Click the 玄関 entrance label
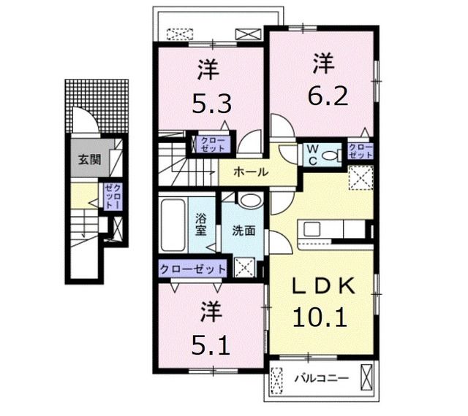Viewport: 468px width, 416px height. [x=89, y=160]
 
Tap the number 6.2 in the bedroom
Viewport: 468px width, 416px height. [x=328, y=96]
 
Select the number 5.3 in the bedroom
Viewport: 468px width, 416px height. [x=211, y=104]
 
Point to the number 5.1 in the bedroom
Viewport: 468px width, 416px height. [x=211, y=346]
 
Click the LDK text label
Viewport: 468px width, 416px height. [x=324, y=286]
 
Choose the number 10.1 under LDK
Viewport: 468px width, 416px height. [x=320, y=318]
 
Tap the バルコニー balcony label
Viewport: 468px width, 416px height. [x=322, y=379]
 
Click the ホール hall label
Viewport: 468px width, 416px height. [x=251, y=172]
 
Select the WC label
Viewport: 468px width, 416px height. [x=312, y=155]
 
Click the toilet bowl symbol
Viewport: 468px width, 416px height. [x=331, y=156]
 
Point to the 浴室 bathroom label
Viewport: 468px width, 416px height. [x=200, y=226]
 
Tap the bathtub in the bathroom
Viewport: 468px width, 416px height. [x=173, y=226]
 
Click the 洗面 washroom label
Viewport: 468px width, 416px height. [x=244, y=231]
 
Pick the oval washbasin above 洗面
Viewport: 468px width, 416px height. [x=251, y=201]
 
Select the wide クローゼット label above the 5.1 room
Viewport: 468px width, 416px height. [x=192, y=269]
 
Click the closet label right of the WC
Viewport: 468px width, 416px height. [x=361, y=151]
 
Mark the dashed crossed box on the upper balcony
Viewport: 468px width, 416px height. [x=180, y=34]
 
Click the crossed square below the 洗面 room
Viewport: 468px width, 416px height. [x=244, y=267]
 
